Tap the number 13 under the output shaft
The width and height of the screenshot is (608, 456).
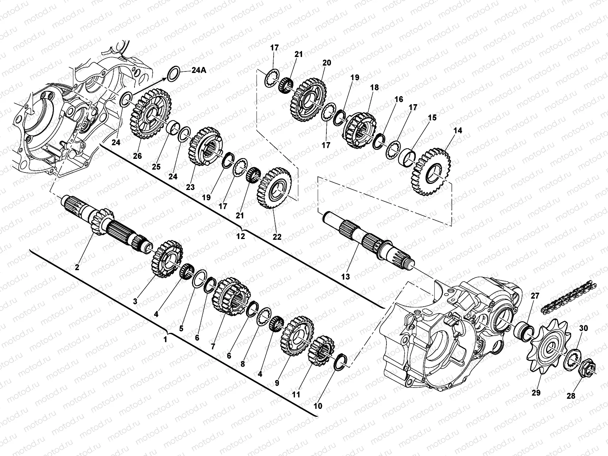click(345, 277)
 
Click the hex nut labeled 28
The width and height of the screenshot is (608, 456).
click(587, 366)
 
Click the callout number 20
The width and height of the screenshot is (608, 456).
click(326, 63)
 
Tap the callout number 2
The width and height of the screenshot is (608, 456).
click(77, 267)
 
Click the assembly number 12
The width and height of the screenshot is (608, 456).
click(241, 236)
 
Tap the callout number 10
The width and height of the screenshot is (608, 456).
click(318, 406)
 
